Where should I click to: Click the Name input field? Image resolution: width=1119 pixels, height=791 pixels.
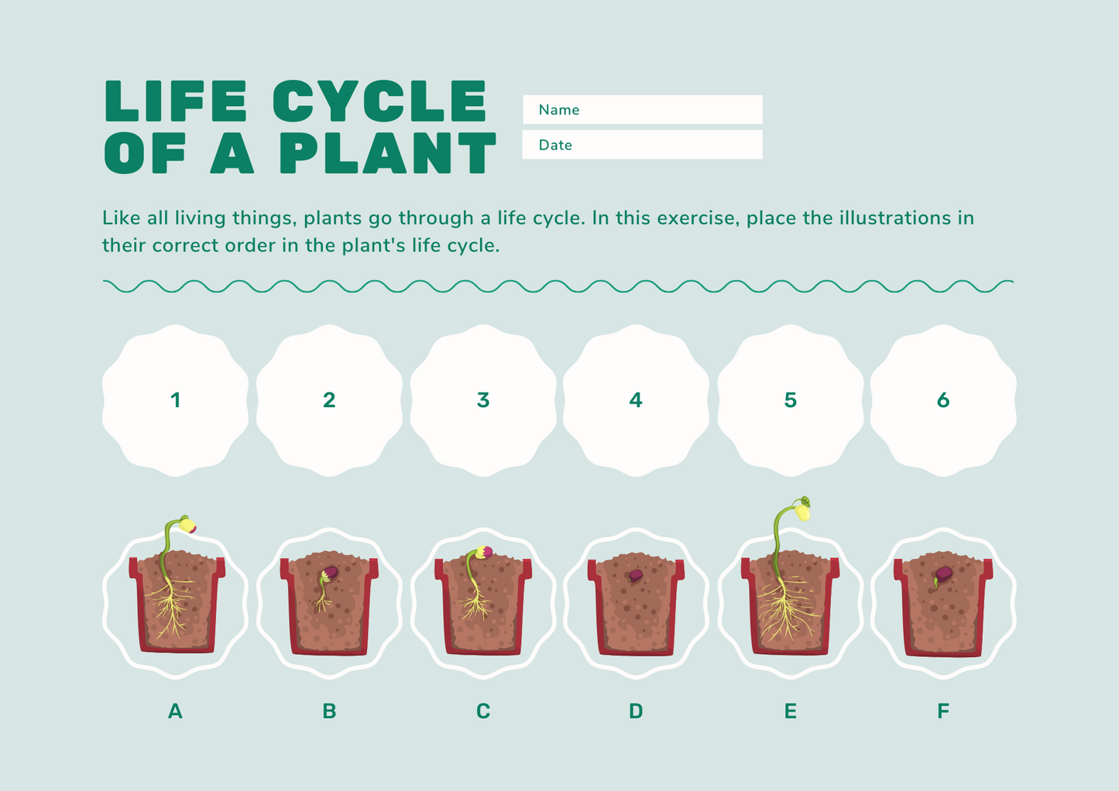(x=642, y=110)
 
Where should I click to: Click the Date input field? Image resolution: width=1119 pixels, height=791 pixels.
(x=642, y=145)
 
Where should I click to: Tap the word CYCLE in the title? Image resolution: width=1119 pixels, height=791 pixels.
(x=379, y=101)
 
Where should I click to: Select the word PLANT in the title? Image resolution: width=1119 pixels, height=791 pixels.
(x=387, y=153)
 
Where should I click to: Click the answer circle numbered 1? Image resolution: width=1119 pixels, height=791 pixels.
(x=175, y=400)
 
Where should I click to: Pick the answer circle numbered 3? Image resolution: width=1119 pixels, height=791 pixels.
(x=482, y=400)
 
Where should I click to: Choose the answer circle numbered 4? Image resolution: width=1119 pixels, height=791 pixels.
(x=636, y=400)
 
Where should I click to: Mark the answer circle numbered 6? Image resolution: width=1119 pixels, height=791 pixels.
(x=942, y=400)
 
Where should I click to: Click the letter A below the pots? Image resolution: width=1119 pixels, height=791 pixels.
(x=175, y=711)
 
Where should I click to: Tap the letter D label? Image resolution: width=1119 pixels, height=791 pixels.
(x=636, y=711)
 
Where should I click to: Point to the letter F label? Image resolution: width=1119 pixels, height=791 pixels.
(x=942, y=711)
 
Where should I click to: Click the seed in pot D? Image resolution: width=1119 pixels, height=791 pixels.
(x=635, y=576)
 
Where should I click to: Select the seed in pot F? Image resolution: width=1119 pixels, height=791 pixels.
(x=943, y=575)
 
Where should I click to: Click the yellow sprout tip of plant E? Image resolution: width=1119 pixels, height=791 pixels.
(x=803, y=511)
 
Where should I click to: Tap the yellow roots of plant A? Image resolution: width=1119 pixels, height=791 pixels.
(x=172, y=608)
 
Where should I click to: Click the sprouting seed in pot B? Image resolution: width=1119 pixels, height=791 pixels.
(x=330, y=574)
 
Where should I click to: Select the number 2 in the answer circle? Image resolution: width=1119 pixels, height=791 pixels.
(x=329, y=400)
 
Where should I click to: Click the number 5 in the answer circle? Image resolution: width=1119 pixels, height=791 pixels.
(x=790, y=400)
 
